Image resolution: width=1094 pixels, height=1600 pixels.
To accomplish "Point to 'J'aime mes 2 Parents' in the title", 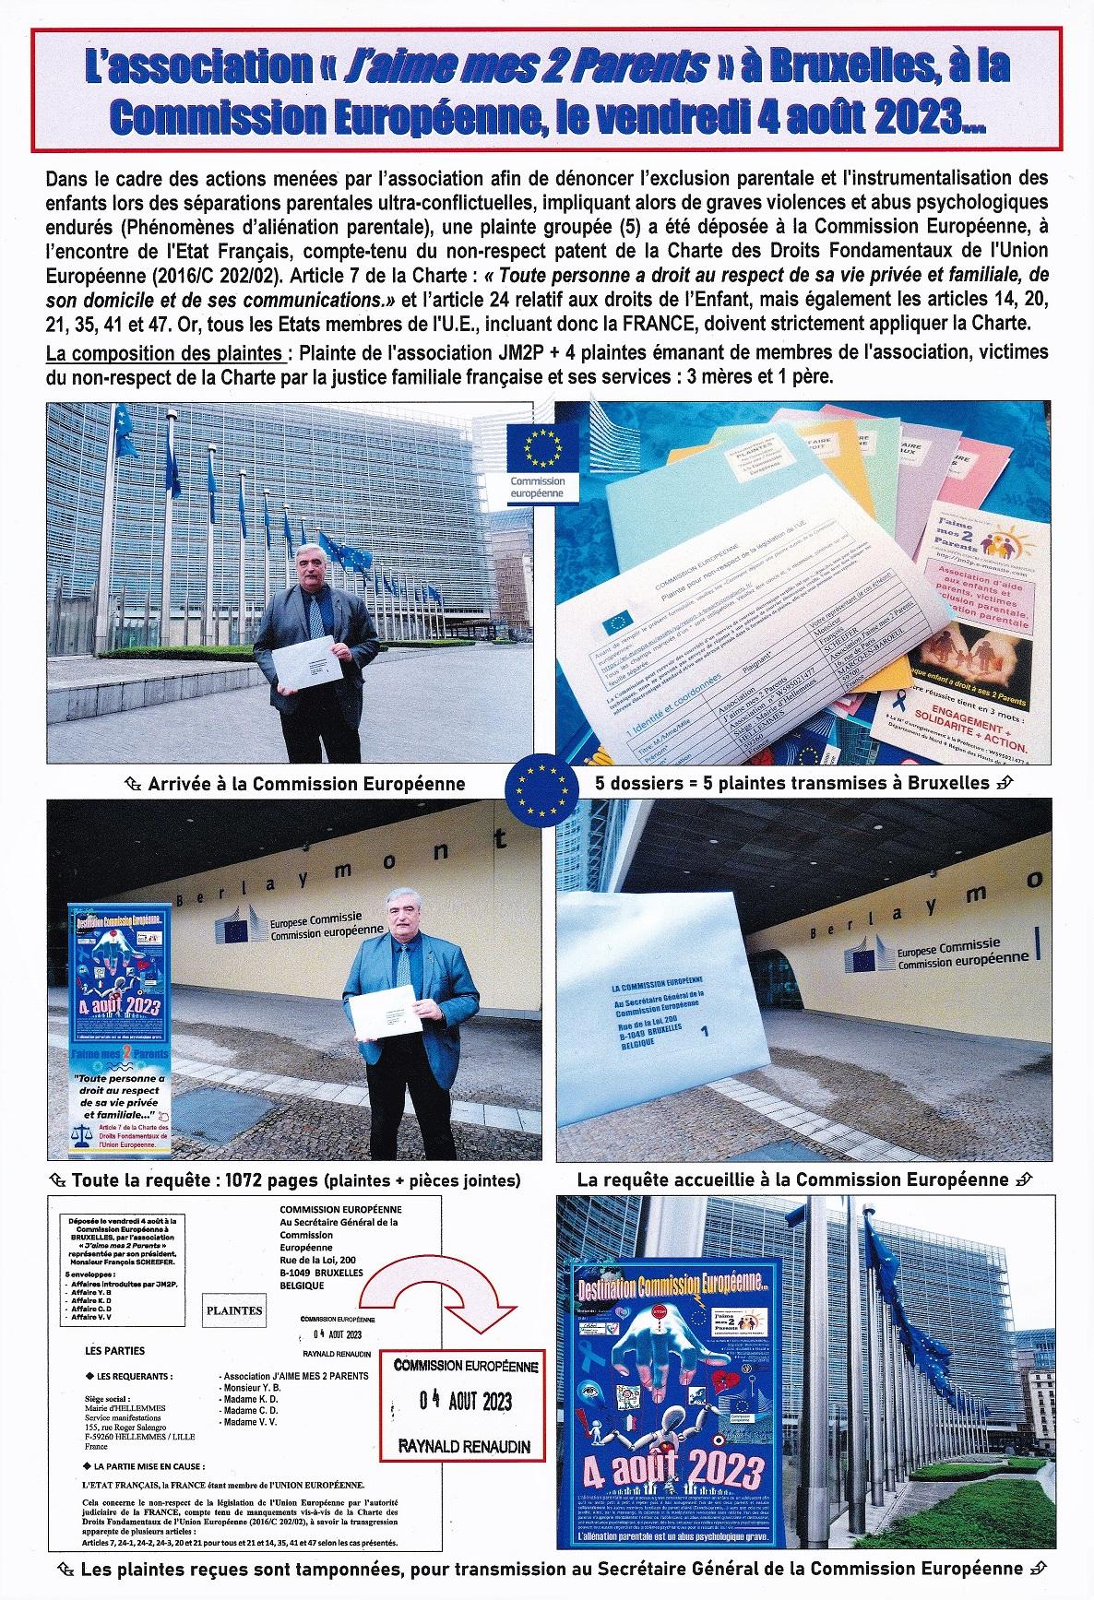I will point(559,66).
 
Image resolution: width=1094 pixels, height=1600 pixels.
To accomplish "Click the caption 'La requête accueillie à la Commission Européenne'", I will point(792,1179).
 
